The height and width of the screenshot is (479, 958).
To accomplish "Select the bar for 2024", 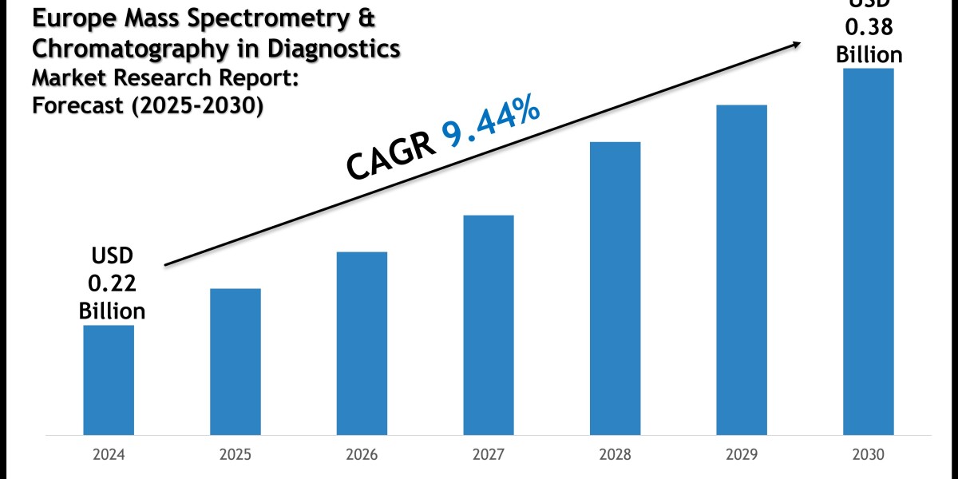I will point(109,380).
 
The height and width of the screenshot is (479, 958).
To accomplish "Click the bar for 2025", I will point(236,362).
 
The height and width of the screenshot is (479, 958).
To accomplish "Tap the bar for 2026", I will point(362,343).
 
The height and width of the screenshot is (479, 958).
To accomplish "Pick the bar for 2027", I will point(489,325).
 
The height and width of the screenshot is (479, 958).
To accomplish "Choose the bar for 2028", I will point(615,288).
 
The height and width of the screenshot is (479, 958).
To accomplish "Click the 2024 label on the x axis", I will point(109,456).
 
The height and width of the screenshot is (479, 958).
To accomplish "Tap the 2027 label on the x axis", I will point(489,456).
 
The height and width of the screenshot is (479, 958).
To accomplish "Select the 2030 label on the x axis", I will point(868,456).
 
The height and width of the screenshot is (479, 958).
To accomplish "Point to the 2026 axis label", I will point(362,456).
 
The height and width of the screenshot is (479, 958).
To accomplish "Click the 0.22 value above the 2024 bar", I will point(112,283).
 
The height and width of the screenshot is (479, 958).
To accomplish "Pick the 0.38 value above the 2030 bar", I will point(869,27).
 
